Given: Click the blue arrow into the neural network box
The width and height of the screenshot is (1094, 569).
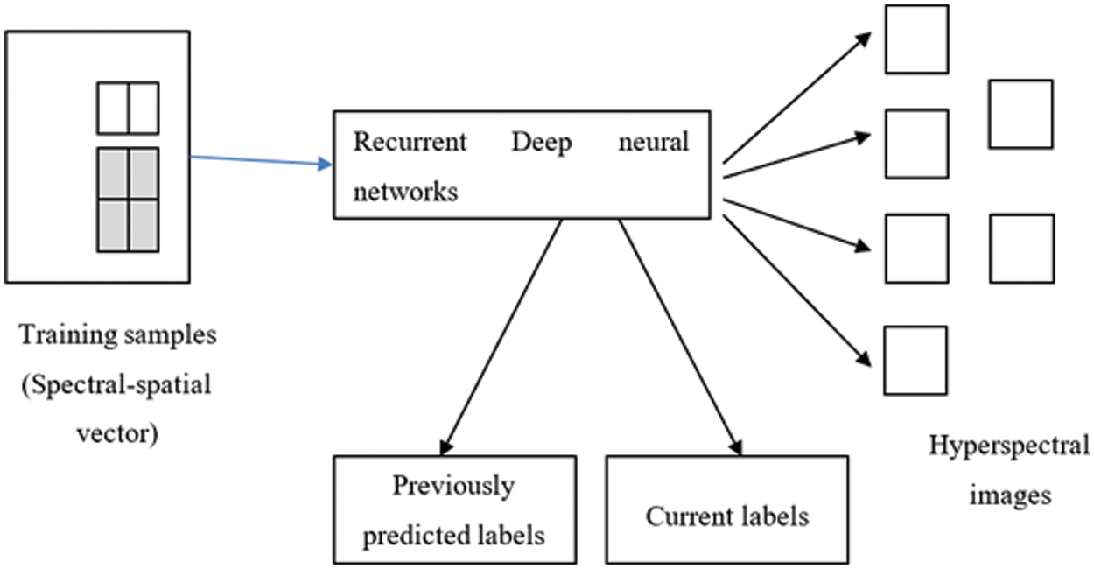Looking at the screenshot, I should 261,161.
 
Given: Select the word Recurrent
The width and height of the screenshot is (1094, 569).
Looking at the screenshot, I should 410,142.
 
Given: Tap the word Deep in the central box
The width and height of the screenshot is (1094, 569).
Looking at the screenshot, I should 541,142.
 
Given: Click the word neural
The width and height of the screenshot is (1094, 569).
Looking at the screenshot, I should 656,142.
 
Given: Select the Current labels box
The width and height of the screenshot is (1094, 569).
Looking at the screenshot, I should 726,509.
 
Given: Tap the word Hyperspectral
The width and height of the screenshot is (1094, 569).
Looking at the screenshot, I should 1008,446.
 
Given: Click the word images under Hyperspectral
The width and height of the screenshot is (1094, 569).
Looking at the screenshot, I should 1008,495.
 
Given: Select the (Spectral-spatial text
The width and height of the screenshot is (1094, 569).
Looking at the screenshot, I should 115,384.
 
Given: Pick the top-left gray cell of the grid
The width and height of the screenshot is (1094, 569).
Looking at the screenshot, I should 112,174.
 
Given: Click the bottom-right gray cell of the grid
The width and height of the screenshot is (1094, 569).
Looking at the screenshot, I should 144,225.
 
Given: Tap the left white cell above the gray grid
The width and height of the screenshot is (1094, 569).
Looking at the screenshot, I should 112,108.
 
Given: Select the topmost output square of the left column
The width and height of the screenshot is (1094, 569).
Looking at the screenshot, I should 915,39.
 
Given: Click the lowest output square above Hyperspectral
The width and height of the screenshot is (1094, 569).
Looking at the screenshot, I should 915,360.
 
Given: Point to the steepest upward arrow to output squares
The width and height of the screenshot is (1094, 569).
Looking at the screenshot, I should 796,97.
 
